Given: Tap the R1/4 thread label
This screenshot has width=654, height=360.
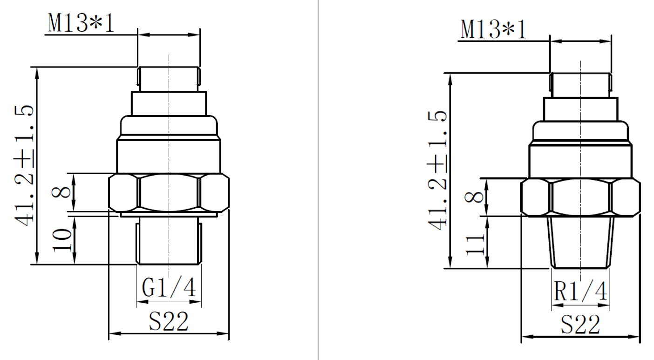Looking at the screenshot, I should point(581,292).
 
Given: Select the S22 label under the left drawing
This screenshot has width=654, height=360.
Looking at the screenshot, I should point(169,321).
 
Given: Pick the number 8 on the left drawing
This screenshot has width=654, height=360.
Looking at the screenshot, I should point(64,192).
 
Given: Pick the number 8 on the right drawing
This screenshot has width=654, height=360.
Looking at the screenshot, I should point(476,197).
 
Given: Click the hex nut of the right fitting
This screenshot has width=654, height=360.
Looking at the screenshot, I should point(580,197).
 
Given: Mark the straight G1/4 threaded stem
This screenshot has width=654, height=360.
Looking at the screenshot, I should point(169,242).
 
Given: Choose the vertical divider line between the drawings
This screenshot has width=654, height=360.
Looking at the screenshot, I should point(318,186).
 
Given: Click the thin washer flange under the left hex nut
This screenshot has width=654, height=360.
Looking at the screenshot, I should point(169,215).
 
